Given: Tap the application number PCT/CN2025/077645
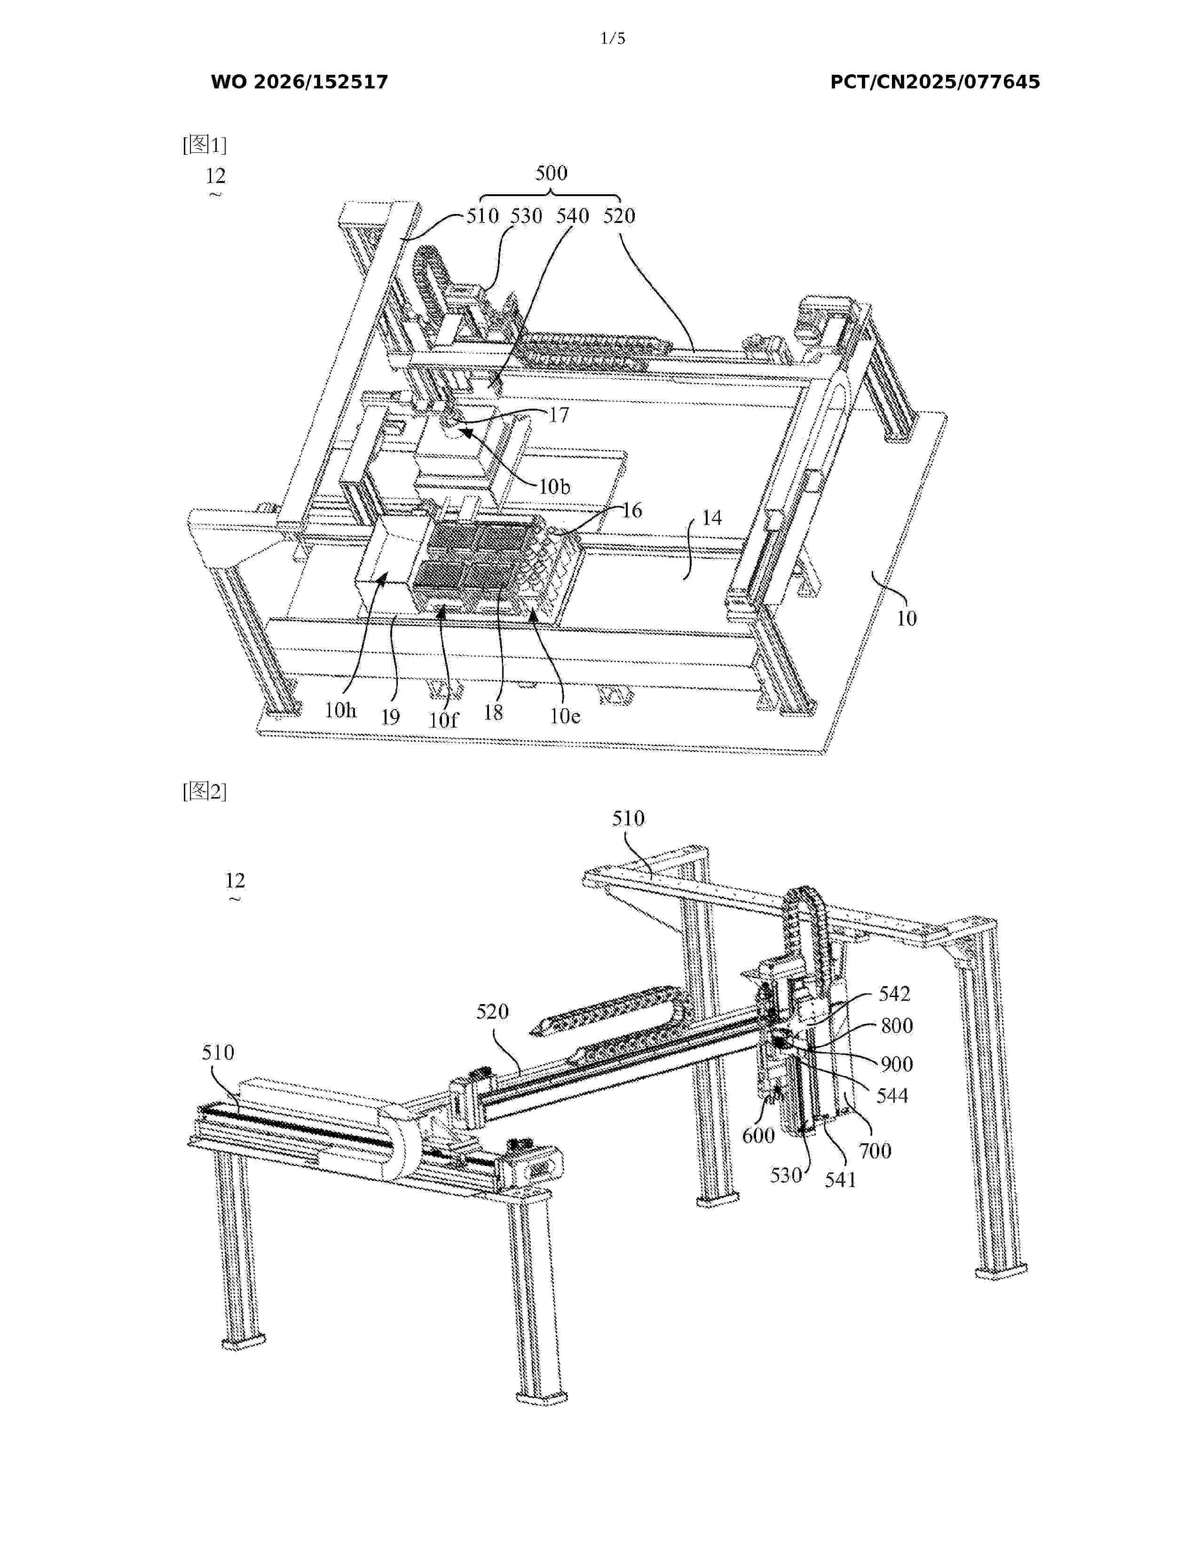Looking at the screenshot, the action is coord(935,82).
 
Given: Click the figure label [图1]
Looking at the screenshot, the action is coord(205,145).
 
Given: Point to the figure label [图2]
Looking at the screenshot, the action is coord(205,791).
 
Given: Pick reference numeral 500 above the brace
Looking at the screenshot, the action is coord(551,173).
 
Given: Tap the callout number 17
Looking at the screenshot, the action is coord(559,415).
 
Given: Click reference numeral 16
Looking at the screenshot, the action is coord(631,510).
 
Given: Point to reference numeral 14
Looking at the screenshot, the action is coord(712,518).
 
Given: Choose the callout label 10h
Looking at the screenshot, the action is coord(340,710).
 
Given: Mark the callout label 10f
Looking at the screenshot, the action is coord(443,720).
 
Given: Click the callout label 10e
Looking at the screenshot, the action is coord(565,716).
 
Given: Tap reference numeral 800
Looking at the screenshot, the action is coord(896,1025).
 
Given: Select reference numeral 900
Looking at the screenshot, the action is coord(896,1064).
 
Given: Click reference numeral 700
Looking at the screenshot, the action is coord(875,1150).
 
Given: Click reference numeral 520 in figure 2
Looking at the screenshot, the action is coord(492,1011).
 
